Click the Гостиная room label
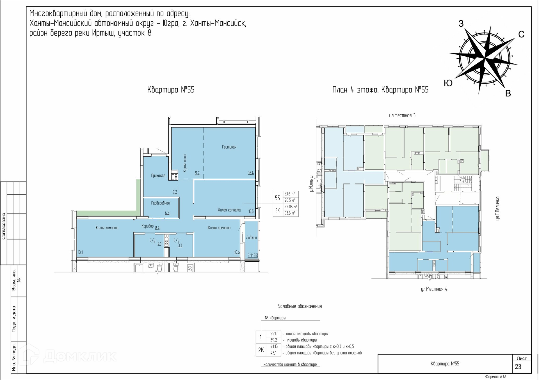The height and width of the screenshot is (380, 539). coord(229,147)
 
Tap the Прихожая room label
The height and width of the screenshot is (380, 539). coord(158,176)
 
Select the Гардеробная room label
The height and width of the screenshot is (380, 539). coord(160,203)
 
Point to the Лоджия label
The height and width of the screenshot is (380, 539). coord(251,238)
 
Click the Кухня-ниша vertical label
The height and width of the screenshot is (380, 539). coord(185,163)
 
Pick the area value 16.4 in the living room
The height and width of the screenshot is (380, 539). coord(251,173)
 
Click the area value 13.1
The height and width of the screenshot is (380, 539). coord(80,252)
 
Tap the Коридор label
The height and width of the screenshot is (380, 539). coord(147,226)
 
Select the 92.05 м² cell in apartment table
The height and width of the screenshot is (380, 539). coord(290,207)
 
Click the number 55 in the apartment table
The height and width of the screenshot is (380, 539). coord(277,198)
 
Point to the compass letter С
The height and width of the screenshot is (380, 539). coord(521,34)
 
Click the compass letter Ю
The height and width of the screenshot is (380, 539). coord(448,83)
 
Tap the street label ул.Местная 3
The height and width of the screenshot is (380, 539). coord(402,115)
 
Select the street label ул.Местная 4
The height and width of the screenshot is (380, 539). coord(434,289)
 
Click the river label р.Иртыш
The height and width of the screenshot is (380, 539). coord(311,184)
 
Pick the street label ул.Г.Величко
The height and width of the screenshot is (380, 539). coord(497,208)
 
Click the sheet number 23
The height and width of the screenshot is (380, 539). coord(518,367)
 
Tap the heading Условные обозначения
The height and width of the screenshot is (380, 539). coord(300,306)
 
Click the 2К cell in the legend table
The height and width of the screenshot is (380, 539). coord(261,350)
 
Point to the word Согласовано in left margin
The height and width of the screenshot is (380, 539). coord(4,226)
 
